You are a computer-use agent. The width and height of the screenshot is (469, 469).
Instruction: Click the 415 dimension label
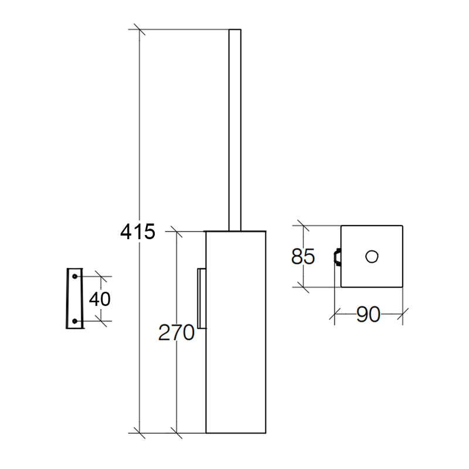[x=138, y=232]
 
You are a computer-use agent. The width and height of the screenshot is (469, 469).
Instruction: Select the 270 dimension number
[x=176, y=332]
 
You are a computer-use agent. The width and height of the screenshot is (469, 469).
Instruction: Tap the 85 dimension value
[x=303, y=256]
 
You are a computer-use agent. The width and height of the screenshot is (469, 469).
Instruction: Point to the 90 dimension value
[x=368, y=314]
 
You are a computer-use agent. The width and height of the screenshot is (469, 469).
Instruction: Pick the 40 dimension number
[x=100, y=298]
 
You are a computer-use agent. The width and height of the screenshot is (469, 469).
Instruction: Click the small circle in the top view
[x=372, y=256]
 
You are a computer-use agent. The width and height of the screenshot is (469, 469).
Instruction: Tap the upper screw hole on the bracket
[x=74, y=276]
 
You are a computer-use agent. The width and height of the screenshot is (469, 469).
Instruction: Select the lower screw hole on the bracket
[x=74, y=321]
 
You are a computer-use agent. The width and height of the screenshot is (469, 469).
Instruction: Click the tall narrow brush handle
[x=235, y=130]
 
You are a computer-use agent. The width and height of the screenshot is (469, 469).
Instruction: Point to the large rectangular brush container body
[x=236, y=332]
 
